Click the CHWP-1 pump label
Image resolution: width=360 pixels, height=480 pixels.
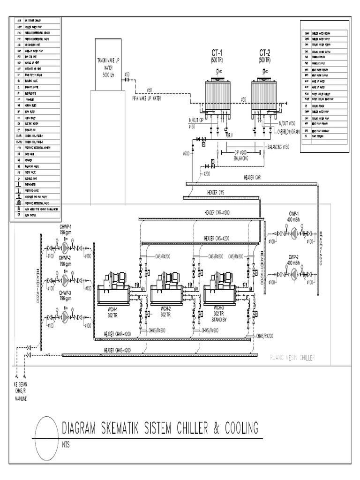[x=64, y=227]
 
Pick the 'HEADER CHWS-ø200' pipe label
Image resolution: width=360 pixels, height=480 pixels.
[x=118, y=350]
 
